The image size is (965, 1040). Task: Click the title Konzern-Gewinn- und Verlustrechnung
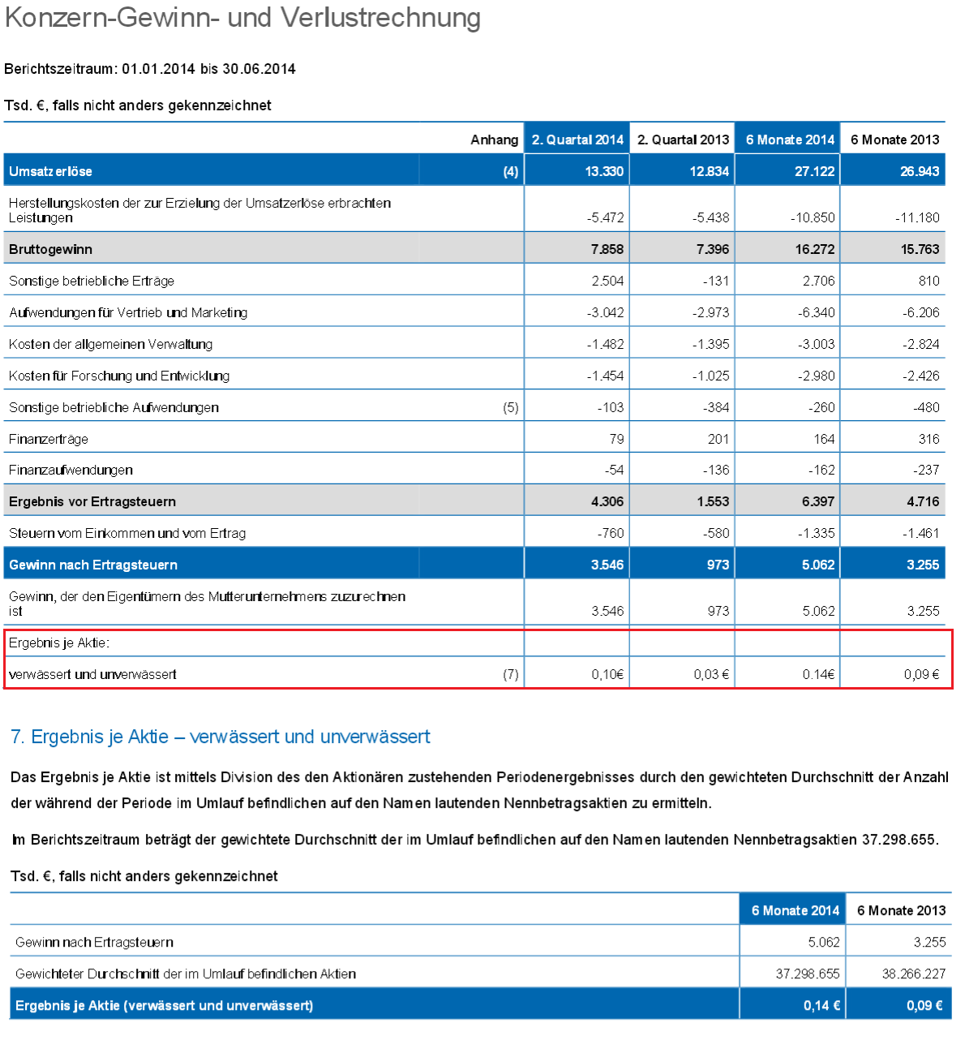pyautogui.click(x=242, y=18)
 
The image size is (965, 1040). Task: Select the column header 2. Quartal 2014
pyautogui.click(x=577, y=140)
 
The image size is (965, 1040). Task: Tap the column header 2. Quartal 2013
pyautogui.click(x=683, y=140)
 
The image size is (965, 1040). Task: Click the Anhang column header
pyautogui.click(x=494, y=140)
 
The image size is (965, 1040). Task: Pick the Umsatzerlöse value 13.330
pyautogui.click(x=604, y=171)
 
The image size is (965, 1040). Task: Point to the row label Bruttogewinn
pyautogui.click(x=50, y=249)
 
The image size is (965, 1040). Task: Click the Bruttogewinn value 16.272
pyautogui.click(x=814, y=249)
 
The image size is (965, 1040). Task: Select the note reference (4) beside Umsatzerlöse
pyautogui.click(x=510, y=171)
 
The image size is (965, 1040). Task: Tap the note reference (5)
pyautogui.click(x=510, y=407)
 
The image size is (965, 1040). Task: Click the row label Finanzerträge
pyautogui.click(x=49, y=439)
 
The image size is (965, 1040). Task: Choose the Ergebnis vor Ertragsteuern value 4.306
pyautogui.click(x=607, y=501)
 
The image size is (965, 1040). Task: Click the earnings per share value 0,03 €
pyautogui.click(x=711, y=674)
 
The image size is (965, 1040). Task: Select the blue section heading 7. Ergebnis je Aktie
pyautogui.click(x=220, y=737)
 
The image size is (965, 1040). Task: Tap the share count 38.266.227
pyautogui.click(x=913, y=973)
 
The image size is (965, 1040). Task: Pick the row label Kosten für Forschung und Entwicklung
pyautogui.click(x=119, y=376)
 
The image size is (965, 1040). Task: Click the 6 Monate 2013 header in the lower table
pyautogui.click(x=901, y=910)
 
